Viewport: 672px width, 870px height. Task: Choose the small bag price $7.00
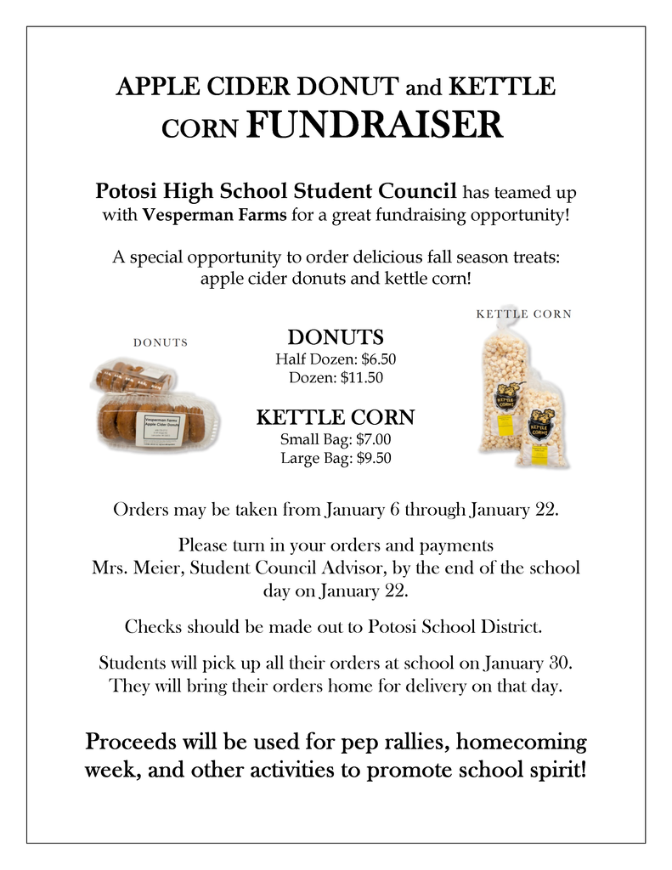pyautogui.click(x=367, y=440)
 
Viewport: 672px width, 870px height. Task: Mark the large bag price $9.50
pyautogui.click(x=368, y=458)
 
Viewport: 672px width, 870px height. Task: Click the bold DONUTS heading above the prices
pyautogui.click(x=336, y=337)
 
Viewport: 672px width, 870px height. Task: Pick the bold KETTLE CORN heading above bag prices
pyautogui.click(x=336, y=417)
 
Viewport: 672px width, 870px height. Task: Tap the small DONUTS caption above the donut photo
pyautogui.click(x=161, y=342)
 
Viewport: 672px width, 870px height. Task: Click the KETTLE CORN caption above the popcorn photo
pyautogui.click(x=523, y=314)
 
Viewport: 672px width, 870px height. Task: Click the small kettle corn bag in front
pyautogui.click(x=541, y=425)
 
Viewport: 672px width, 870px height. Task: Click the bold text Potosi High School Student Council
pyautogui.click(x=276, y=190)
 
